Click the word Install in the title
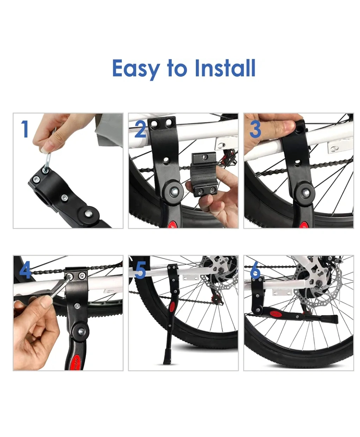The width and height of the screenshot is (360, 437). [225, 68]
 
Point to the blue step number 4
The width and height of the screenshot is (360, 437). [25, 271]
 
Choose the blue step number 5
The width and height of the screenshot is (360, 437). [140, 271]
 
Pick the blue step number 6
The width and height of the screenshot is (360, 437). [255, 271]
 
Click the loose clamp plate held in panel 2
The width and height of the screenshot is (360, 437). [204, 174]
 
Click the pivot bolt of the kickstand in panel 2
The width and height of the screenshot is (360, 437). [174, 191]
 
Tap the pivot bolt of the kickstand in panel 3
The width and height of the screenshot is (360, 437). [305, 192]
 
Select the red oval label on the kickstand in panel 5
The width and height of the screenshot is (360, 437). [173, 307]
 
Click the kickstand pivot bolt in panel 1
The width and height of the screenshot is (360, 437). [88, 213]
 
